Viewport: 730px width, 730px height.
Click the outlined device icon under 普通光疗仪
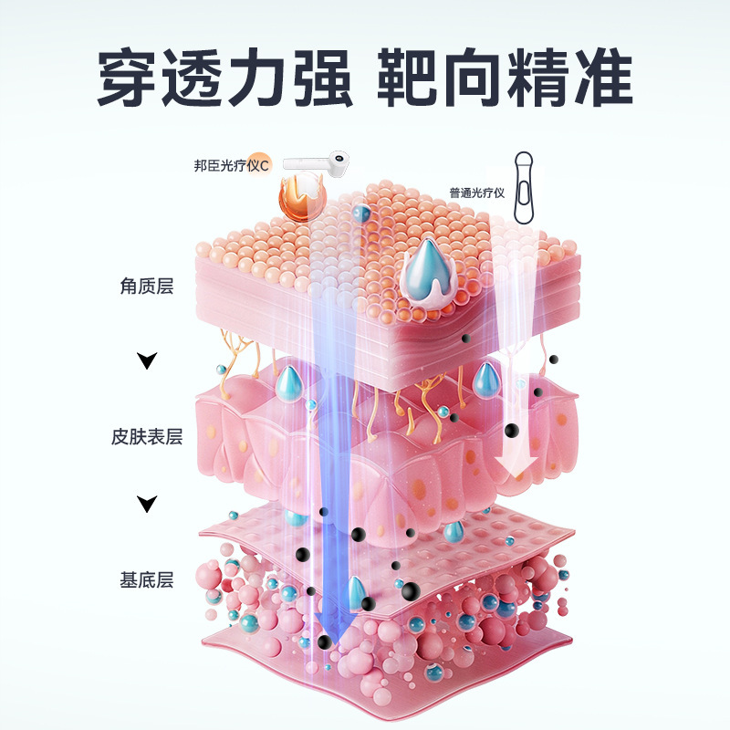524,188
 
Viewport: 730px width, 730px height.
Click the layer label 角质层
146,287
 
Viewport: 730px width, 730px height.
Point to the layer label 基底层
146,579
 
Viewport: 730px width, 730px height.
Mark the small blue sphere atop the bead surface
361,214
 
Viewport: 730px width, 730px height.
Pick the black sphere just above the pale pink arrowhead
513,430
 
